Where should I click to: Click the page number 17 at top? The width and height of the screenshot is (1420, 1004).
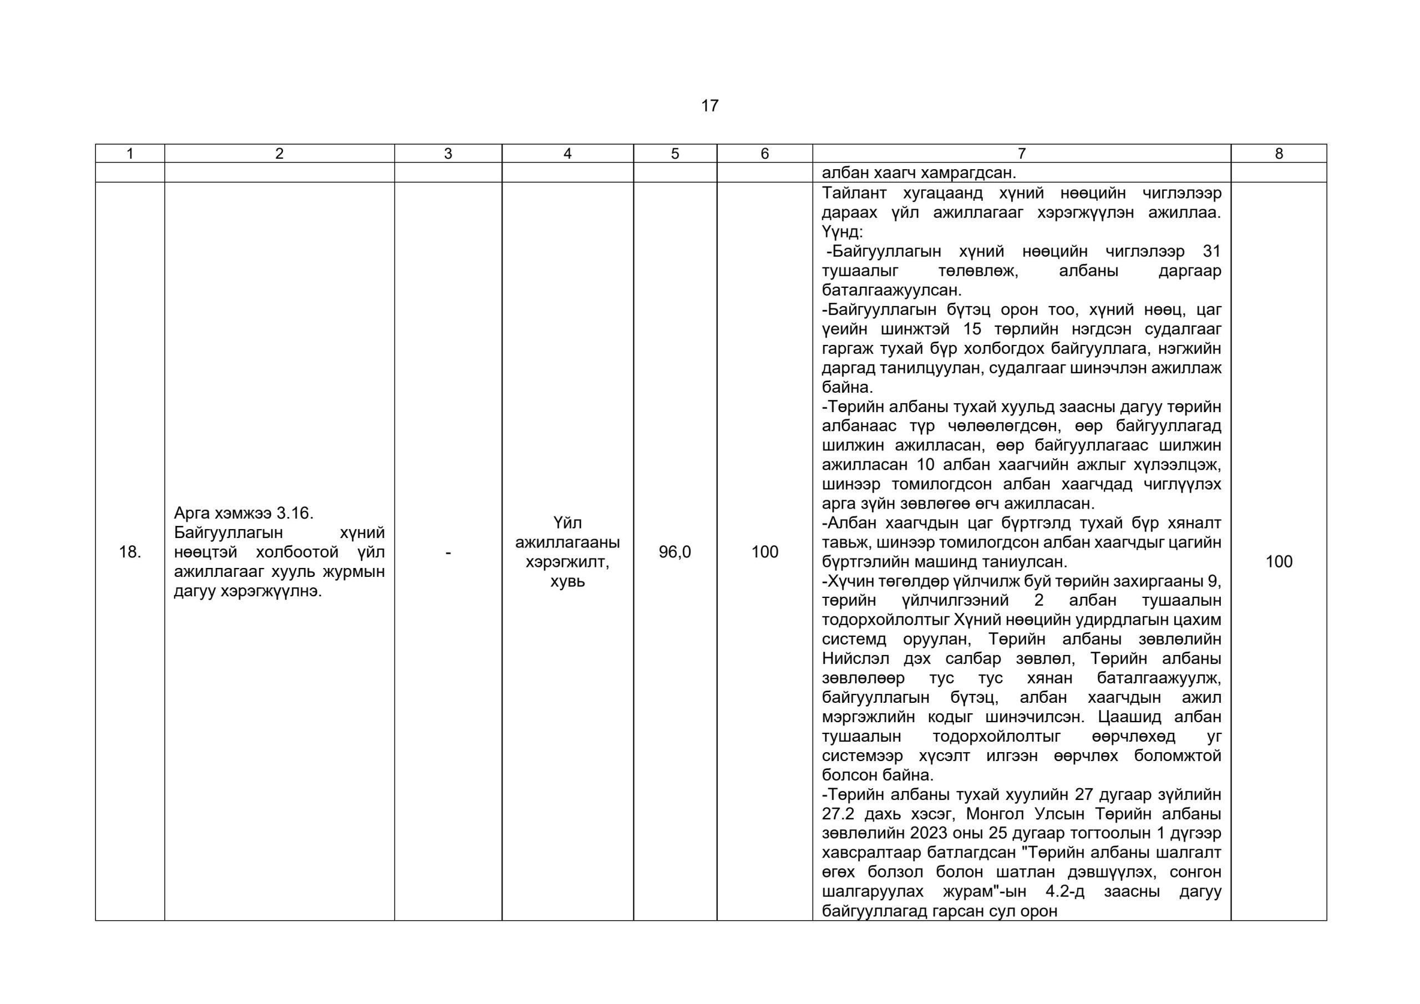click(709, 106)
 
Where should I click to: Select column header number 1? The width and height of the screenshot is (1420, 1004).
click(130, 154)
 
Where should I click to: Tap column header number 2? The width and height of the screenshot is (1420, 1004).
click(279, 154)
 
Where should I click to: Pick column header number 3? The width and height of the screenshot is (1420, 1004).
click(448, 154)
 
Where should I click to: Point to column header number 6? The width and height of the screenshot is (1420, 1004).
click(764, 154)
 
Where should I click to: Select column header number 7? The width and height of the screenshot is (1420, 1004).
click(1021, 154)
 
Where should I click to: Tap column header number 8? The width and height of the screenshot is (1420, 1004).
click(1279, 154)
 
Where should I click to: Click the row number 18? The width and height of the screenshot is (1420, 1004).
click(130, 552)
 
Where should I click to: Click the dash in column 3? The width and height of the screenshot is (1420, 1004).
click(448, 552)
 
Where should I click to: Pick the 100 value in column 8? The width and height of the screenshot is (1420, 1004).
click(1279, 562)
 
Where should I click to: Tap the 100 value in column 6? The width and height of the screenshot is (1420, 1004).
click(764, 552)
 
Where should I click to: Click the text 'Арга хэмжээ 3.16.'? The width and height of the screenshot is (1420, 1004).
click(244, 513)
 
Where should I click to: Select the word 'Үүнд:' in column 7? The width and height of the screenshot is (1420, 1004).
click(841, 232)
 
